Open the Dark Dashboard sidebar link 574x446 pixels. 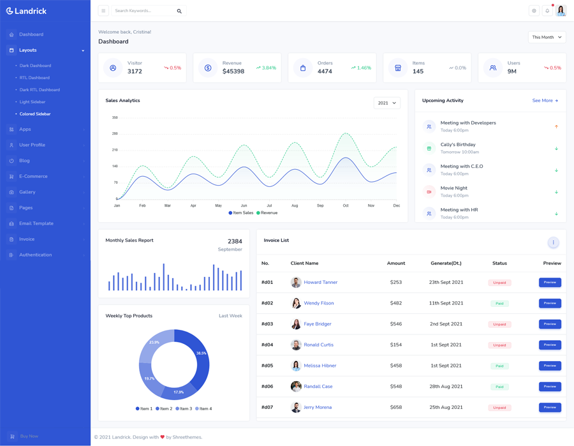click(x=35, y=66)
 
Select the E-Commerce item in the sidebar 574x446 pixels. click(x=33, y=176)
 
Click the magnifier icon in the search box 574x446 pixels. click(x=179, y=11)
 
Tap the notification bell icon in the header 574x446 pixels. click(x=547, y=11)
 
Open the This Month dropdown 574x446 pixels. click(x=547, y=37)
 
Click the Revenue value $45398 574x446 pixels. click(x=233, y=71)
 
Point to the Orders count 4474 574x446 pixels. click(x=325, y=71)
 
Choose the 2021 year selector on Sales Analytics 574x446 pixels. click(x=386, y=103)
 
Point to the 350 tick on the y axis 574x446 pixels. click(x=115, y=117)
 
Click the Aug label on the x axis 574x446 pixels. click(x=295, y=205)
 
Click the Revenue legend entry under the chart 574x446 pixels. click(x=267, y=212)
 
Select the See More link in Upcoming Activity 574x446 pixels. click(x=545, y=101)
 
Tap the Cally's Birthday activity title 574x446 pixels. click(x=457, y=145)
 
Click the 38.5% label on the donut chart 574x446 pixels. click(x=202, y=353)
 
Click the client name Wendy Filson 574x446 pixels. click(x=318, y=303)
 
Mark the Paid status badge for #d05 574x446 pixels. click(x=499, y=366)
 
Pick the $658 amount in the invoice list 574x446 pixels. click(x=395, y=407)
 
